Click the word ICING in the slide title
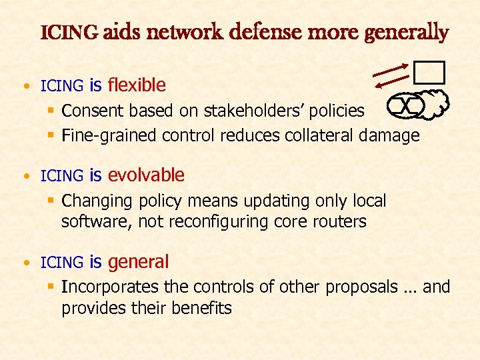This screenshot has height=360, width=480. tap(70, 33)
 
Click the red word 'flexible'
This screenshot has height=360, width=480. tap(137, 85)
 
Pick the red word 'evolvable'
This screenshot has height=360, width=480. tap(146, 175)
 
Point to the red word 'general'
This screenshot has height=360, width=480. tap(138, 262)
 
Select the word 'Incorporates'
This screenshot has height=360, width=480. tap(109, 287)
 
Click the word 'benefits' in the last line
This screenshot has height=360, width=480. tap(200, 308)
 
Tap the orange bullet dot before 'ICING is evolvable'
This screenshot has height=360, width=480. tap(25, 177)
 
